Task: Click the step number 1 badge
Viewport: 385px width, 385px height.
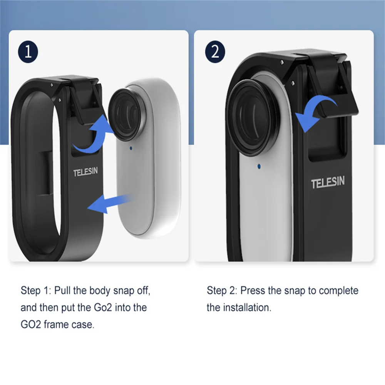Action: tap(28, 52)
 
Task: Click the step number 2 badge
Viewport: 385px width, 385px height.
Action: tap(215, 52)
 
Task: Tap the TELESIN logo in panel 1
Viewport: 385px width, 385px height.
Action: tap(85, 171)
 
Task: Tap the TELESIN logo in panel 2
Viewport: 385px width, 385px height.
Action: tap(328, 182)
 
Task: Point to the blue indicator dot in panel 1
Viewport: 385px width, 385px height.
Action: tap(131, 148)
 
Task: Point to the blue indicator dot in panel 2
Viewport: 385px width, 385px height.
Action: tap(259, 166)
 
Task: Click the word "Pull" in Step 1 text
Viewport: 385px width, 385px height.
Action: tap(62, 291)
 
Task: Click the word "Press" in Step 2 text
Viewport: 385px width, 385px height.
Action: tap(253, 291)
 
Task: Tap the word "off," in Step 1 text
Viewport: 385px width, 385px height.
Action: tap(144, 291)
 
